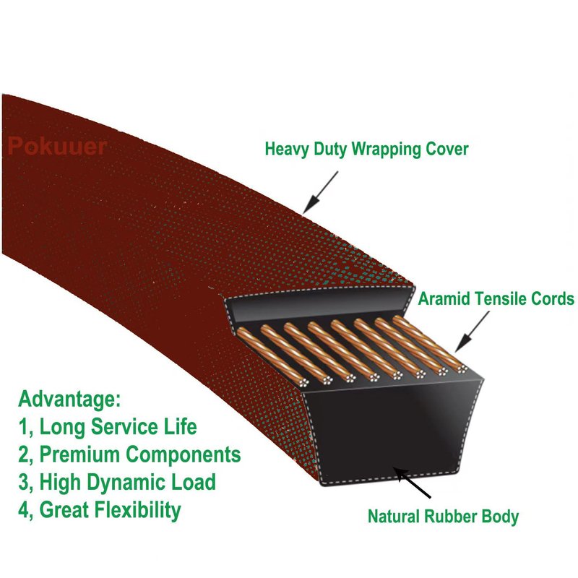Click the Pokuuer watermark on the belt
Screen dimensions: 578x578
[57, 146]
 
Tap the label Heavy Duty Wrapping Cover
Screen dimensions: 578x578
[367, 150]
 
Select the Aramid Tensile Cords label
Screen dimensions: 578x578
[496, 298]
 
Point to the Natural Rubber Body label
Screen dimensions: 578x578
[443, 516]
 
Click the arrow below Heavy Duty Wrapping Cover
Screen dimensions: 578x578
[320, 192]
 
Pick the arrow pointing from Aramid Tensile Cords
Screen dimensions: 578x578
[473, 332]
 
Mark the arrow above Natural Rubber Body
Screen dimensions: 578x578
[412, 483]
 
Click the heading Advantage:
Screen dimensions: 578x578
[69, 399]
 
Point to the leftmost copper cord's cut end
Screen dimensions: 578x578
[303, 383]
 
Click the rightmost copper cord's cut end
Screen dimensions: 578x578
[462, 368]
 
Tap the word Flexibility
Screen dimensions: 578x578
[138, 510]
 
